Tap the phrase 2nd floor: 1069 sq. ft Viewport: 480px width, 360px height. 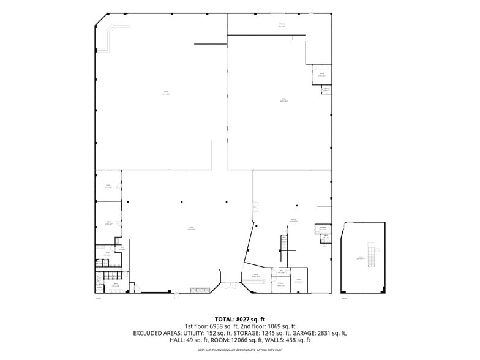pos(267,326)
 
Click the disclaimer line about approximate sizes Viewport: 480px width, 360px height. pos(240,351)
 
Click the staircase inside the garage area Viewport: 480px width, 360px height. pos(283,242)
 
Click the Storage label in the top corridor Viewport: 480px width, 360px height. pos(282,25)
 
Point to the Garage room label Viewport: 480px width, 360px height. pos(293,220)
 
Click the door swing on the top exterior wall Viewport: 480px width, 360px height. pos(310,10)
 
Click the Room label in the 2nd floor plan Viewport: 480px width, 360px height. pos(361,258)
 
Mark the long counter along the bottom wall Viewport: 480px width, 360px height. pos(201,290)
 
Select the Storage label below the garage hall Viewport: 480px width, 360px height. pos(280,284)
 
